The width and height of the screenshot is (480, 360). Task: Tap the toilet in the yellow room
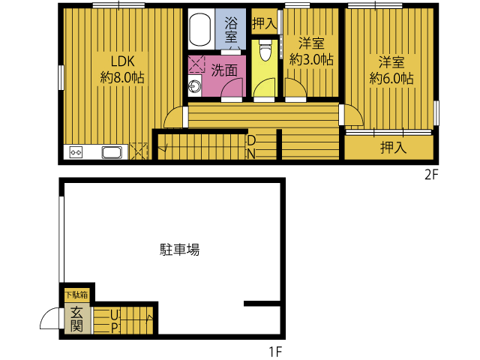265,50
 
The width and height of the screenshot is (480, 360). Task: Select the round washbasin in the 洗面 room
194,87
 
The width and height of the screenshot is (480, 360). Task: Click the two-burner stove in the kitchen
76,152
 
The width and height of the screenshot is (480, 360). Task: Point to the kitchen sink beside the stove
112,152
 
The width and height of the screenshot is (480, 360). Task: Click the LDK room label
122,61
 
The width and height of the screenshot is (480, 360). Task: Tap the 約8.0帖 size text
122,77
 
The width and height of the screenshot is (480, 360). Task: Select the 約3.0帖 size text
311,59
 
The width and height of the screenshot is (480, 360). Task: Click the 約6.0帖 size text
391,78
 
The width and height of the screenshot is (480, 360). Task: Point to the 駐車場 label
180,250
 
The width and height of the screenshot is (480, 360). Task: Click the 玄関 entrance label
76,319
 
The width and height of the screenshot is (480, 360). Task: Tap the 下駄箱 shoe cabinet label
76,295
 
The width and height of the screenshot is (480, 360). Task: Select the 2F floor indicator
432,175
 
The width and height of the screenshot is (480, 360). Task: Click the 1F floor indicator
275,352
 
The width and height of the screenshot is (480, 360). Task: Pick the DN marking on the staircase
251,147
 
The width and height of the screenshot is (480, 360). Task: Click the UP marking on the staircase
115,321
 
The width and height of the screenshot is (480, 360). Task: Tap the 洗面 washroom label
224,70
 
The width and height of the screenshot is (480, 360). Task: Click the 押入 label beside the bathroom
264,23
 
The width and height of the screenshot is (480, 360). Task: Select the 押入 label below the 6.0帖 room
394,148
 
